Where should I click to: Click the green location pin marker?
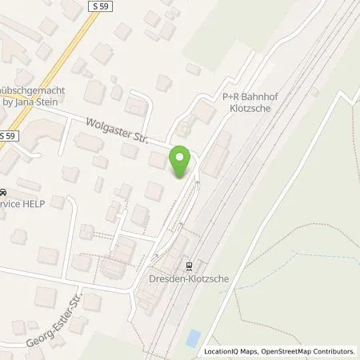point(182,162)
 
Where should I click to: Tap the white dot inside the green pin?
point(182,158)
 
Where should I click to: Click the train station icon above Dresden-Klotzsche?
point(189,266)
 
